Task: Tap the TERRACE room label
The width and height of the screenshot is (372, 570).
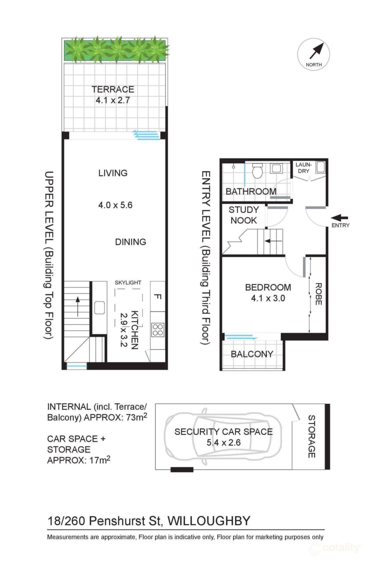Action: [113, 89]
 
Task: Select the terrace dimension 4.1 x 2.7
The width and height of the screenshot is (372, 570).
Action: [113, 100]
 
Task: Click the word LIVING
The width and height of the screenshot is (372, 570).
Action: [113, 173]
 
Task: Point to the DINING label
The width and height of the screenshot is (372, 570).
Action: [131, 242]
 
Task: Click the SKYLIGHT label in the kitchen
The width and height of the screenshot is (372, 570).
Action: [128, 283]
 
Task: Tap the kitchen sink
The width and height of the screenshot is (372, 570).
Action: [99, 308]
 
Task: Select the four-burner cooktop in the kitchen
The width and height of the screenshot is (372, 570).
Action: [158, 330]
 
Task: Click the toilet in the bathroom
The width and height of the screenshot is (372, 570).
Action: [257, 171]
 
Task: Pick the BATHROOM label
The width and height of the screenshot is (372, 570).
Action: [251, 191]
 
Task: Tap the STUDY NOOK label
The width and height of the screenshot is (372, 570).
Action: [244, 215]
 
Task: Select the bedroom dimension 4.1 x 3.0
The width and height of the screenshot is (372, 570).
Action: [268, 298]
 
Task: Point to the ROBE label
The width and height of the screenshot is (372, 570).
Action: [318, 294]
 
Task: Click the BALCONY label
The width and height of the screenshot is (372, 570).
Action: [252, 354]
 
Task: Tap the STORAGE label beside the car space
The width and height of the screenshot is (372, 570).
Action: [311, 436]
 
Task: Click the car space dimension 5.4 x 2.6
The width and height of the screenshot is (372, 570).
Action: [224, 443]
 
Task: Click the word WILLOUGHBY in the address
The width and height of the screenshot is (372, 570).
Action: [209, 521]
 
